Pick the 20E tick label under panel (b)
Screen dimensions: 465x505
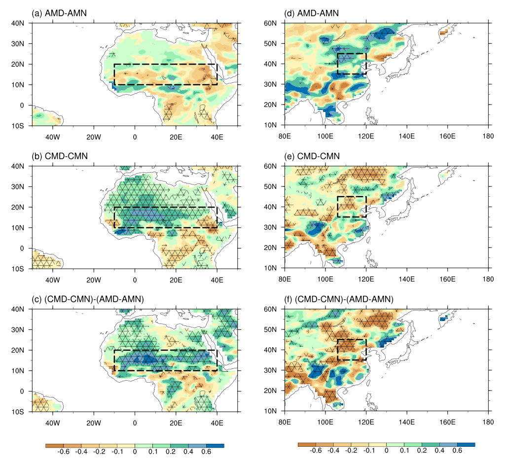coord(176,277)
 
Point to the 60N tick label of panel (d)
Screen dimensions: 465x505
coord(271,23)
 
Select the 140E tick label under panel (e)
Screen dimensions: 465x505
coord(406,277)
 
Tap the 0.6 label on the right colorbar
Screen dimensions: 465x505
coord(457,451)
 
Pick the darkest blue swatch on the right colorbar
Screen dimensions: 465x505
coord(466,444)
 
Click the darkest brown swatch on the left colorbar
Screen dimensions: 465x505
coord(54,445)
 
